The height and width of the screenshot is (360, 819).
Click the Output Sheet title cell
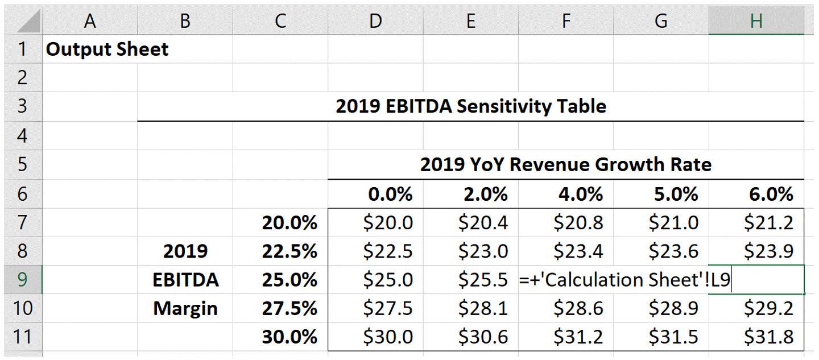click(107, 49)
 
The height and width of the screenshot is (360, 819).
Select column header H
click(756, 21)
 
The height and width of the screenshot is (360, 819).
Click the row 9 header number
click(22, 279)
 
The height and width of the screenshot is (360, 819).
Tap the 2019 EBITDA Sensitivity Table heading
click(470, 106)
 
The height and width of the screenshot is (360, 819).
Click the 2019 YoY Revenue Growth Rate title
click(565, 165)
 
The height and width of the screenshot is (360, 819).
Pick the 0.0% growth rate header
click(390, 195)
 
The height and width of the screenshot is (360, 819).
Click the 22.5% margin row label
click(289, 251)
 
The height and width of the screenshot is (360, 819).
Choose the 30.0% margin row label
click(289, 337)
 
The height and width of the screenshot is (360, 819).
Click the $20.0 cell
click(388, 222)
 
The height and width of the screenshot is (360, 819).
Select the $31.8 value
click(769, 337)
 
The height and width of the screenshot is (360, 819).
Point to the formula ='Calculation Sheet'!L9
click(624, 280)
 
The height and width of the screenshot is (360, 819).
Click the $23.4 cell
click(578, 251)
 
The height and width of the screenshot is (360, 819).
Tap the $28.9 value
click(673, 308)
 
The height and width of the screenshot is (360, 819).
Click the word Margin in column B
click(185, 308)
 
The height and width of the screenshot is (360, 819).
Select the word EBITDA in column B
click(185, 280)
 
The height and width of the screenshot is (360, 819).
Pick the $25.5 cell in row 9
click(483, 280)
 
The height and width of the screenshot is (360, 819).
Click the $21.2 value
click(769, 222)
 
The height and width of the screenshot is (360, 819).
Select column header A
click(89, 21)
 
